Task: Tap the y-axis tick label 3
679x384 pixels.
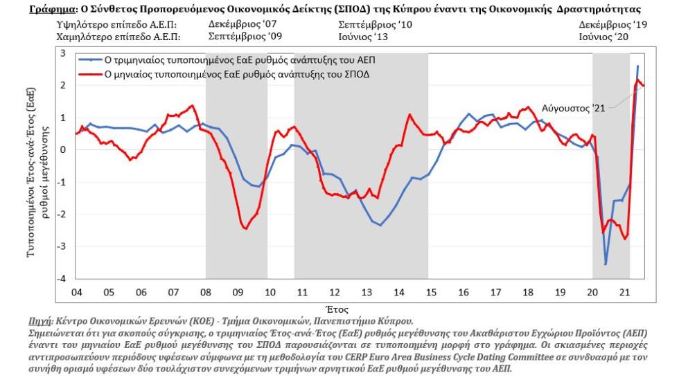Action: coord(63,53)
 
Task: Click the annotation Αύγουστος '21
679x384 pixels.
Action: coord(574,109)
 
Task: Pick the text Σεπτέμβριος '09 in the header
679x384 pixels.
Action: coord(239,36)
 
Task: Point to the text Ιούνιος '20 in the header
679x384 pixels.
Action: coord(603,36)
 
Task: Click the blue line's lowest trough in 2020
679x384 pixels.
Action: coord(606,264)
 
